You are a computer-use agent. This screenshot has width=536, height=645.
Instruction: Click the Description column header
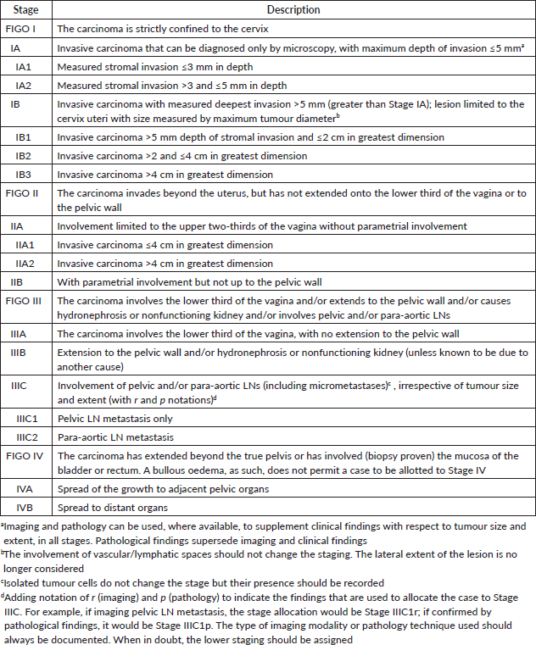click(x=294, y=10)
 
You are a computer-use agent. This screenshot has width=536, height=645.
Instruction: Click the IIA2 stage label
click(x=29, y=264)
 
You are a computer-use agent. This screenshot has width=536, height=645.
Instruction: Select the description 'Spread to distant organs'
click(x=111, y=508)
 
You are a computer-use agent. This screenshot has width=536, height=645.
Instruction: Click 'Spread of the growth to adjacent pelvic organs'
click(x=160, y=490)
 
